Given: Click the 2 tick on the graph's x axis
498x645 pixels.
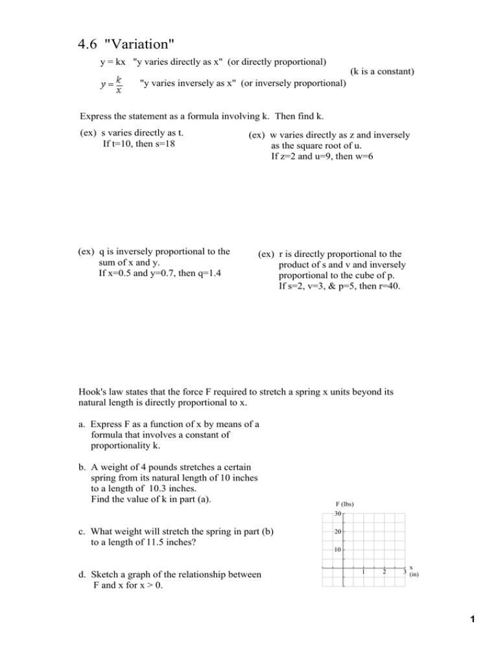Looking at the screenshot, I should click(x=385, y=571).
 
